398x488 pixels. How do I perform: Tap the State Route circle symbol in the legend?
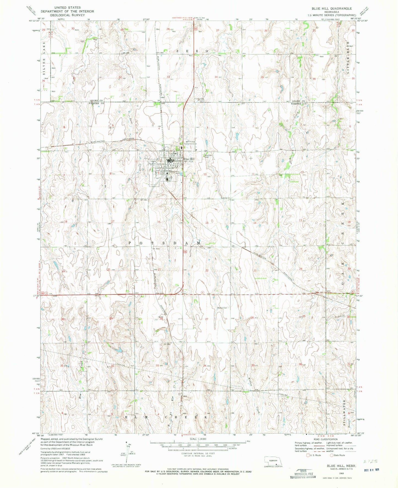point(332,455)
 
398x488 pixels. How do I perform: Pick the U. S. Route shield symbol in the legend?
point(308,455)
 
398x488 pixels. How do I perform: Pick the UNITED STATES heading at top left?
point(67,7)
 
